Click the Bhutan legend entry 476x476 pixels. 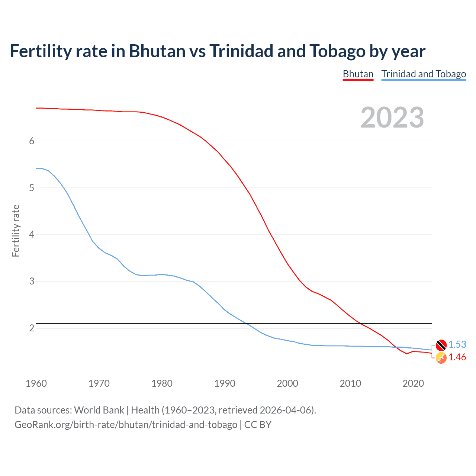[x=358, y=74]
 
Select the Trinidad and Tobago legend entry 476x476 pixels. [x=424, y=74]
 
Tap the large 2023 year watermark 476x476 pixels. [x=392, y=118]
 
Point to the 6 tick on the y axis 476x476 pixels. [x=32, y=141]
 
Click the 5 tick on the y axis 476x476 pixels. [x=32, y=188]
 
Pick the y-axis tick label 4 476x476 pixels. [x=32, y=235]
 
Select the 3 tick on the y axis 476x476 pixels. [x=32, y=281]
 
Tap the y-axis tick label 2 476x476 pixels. [x=32, y=328]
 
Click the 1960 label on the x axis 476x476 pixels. [x=36, y=383]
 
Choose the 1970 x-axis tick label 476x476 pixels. [x=99, y=383]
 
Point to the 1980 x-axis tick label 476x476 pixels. [x=162, y=383]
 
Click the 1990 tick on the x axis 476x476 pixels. [x=225, y=383]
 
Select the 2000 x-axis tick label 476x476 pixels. [x=287, y=383]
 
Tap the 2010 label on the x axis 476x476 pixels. [x=350, y=383]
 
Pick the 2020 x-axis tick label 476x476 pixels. [x=413, y=383]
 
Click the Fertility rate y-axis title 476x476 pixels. [x=16, y=231]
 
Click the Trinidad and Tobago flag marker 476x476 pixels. [x=441, y=345]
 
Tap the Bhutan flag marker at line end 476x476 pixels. [x=441, y=358]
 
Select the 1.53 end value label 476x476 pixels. [x=457, y=345]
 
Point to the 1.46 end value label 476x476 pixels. [x=457, y=357]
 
